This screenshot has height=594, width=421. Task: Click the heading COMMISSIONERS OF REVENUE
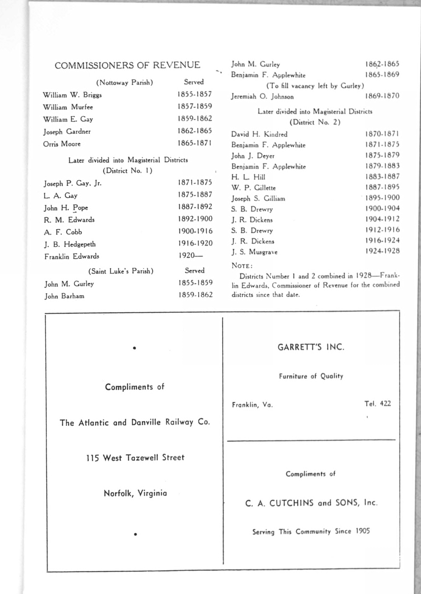click(127, 65)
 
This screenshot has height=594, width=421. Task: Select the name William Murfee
click(68, 107)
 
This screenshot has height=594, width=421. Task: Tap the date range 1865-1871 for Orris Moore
click(194, 143)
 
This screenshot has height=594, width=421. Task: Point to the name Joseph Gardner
click(67, 132)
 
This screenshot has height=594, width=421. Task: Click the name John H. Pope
click(66, 208)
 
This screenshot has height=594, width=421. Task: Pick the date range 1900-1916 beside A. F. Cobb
click(195, 231)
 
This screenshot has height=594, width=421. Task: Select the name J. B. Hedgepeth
click(70, 245)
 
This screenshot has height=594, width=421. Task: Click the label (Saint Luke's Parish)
click(121, 271)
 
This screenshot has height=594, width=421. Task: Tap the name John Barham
click(64, 296)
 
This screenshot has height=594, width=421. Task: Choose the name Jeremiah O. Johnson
click(262, 97)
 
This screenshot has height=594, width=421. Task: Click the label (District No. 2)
click(315, 122)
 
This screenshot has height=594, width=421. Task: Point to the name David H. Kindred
click(259, 135)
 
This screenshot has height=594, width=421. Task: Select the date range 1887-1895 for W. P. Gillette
click(382, 187)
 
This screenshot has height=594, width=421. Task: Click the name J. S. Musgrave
click(254, 252)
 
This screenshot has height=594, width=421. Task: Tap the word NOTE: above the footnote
click(242, 266)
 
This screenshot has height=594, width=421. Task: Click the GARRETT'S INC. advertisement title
click(311, 347)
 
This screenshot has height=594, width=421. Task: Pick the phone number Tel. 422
click(377, 404)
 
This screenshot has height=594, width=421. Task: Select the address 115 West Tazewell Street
click(135, 458)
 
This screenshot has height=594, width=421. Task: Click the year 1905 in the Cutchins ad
click(362, 531)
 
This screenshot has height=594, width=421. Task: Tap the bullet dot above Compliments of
click(135, 348)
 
